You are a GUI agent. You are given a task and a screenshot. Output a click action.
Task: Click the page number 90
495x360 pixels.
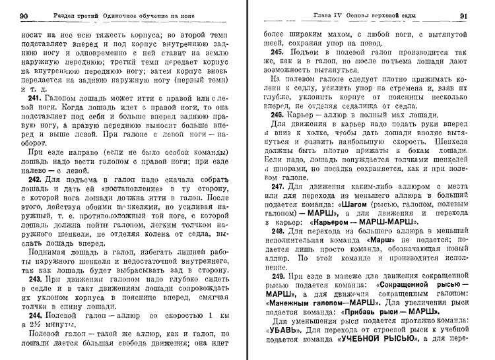(x=23, y=15)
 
